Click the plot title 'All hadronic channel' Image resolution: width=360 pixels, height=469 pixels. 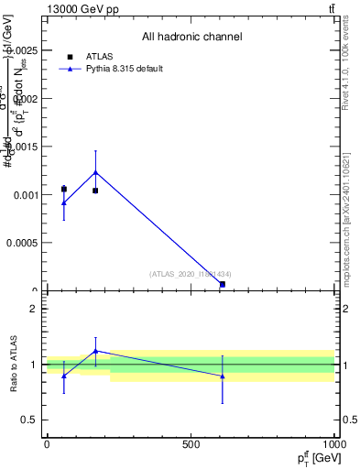coord(191,38)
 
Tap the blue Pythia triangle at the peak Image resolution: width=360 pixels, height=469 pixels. coord(95,172)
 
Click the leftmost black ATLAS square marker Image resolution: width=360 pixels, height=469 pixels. coord(63,189)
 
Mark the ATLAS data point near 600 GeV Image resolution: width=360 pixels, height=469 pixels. coord(223,284)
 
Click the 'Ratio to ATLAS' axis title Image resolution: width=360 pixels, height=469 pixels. coord(15,365)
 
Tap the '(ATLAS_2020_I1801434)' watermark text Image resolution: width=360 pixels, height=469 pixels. coord(191,274)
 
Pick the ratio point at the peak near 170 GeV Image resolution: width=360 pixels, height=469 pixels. coord(95,351)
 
